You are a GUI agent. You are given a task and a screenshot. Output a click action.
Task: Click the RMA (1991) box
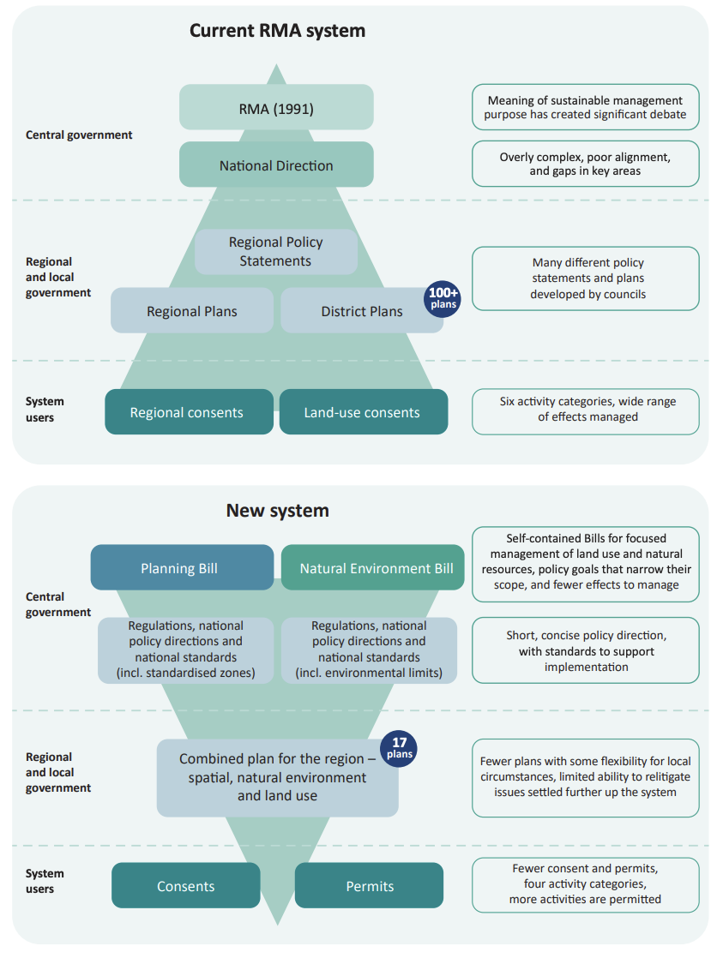(276, 108)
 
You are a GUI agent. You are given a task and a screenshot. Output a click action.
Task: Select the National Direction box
(276, 165)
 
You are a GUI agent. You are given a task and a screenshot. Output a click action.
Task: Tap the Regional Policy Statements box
(276, 252)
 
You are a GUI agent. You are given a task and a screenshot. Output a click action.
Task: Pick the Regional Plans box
(192, 310)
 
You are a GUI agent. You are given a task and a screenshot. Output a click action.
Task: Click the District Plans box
(360, 310)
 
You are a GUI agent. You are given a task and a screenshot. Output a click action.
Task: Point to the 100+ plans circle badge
(443, 298)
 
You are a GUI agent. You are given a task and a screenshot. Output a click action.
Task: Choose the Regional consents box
(187, 412)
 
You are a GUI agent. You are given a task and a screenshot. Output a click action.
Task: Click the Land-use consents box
(362, 412)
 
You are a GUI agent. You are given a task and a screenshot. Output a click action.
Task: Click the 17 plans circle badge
(399, 748)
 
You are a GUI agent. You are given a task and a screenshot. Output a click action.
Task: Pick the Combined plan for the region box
(277, 777)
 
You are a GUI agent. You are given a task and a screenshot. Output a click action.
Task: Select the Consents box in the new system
(185, 885)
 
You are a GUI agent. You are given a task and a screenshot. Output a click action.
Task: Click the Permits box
(369, 885)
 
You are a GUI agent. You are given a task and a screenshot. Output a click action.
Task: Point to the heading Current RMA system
(277, 31)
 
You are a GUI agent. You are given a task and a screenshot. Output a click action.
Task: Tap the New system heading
(277, 511)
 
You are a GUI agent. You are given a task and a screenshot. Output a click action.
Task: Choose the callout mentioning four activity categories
(586, 884)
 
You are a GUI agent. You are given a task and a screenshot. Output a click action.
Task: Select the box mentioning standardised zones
(185, 650)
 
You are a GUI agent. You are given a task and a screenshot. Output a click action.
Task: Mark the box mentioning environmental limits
(369, 650)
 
